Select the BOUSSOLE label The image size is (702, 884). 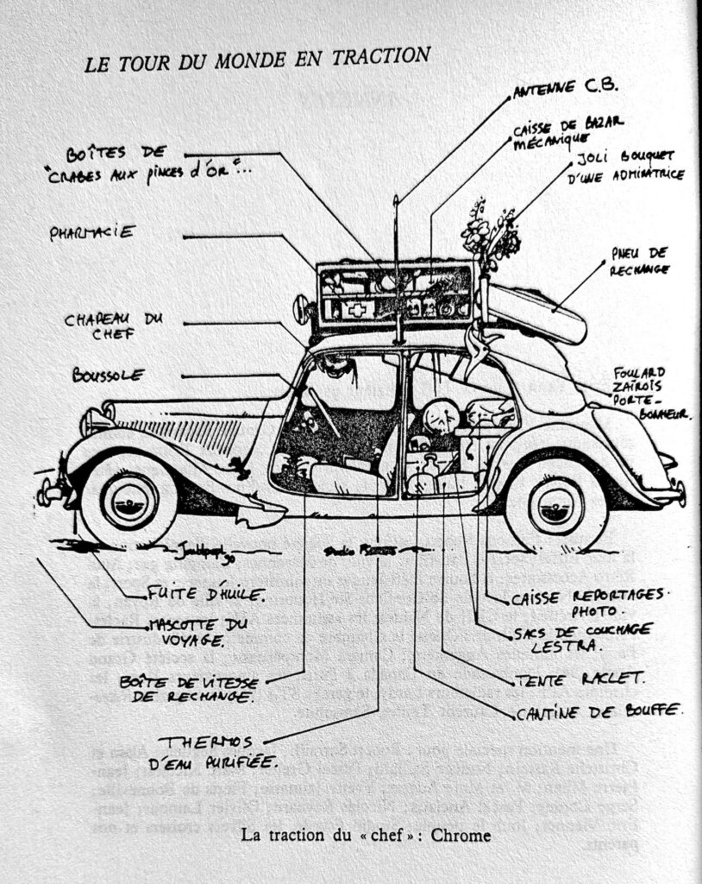coord(108,375)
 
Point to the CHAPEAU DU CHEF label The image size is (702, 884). coord(114,327)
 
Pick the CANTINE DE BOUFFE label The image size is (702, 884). coord(600,712)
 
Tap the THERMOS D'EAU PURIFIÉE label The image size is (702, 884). coord(223,751)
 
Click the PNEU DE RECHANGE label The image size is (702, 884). coord(640,260)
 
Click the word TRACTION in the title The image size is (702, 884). coord(380,57)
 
